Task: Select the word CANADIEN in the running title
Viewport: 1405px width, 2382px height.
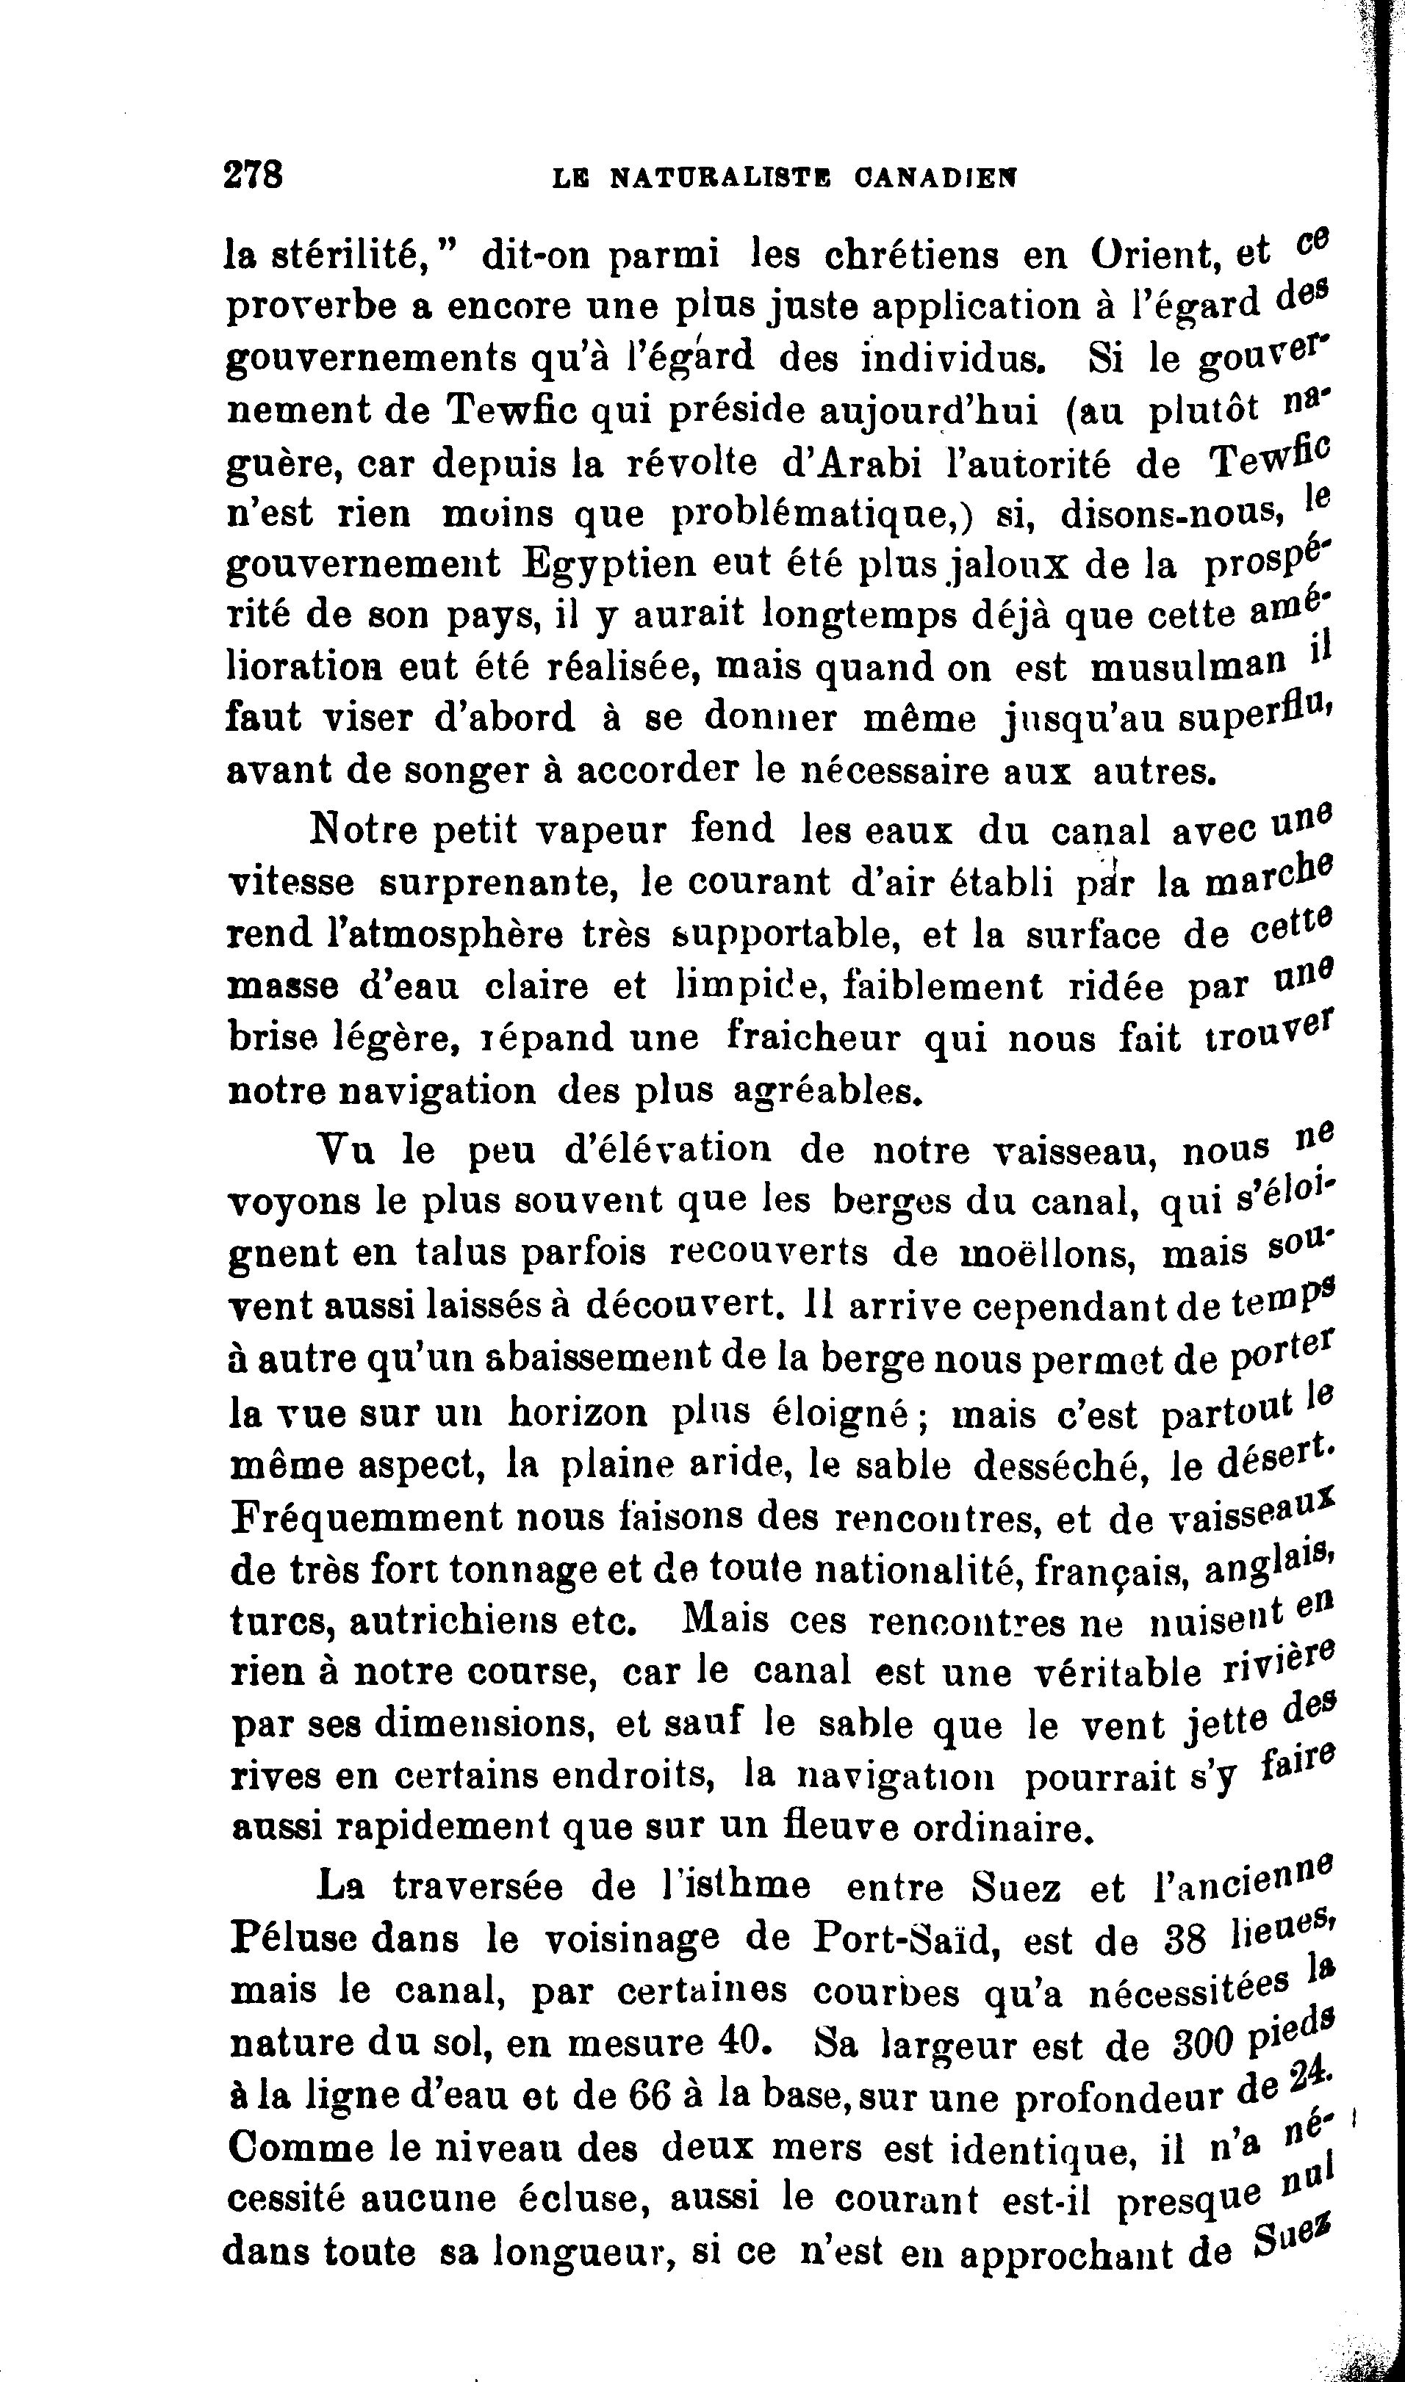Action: tap(935, 176)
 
